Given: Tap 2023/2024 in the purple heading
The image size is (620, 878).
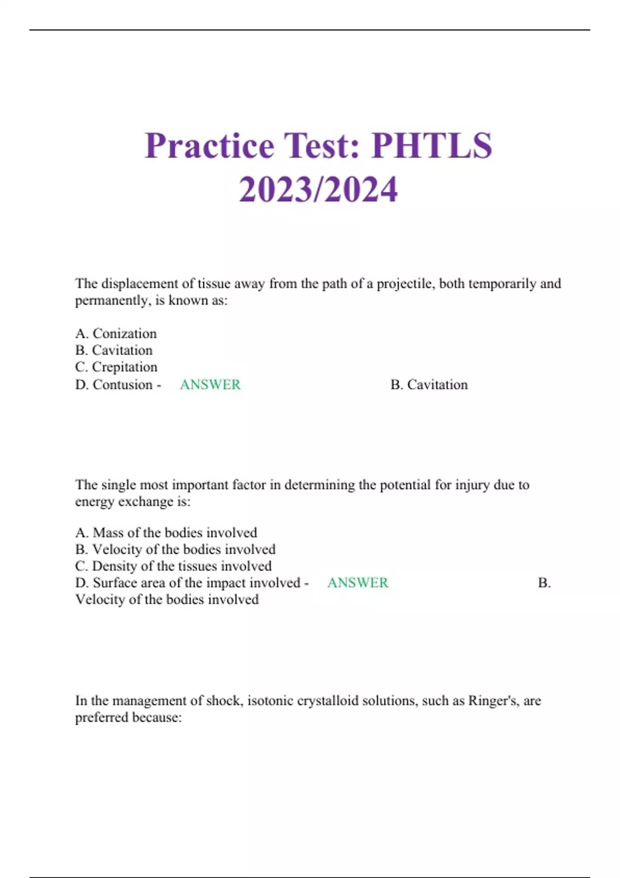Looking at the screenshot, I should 318,189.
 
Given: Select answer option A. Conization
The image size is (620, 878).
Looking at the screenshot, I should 116,334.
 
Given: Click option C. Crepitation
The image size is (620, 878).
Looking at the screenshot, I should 116,367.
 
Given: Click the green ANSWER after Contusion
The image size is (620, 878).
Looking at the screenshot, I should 210,384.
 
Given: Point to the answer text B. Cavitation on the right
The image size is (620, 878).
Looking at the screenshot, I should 429,384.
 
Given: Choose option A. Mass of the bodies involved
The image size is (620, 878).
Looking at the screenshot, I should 166,532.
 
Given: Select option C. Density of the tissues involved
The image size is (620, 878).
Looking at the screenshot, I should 173,566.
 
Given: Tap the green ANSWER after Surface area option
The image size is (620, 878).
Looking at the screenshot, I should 358,583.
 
